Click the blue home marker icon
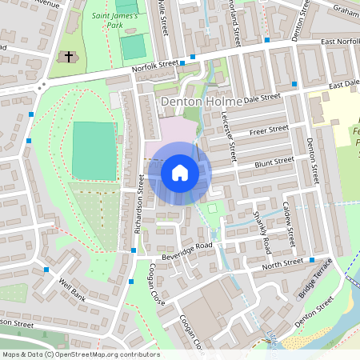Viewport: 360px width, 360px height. [x=180, y=173]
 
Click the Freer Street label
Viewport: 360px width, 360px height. [x=268, y=130]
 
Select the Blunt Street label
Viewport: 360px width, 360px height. [x=274, y=162]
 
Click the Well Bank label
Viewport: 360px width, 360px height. [x=72, y=286]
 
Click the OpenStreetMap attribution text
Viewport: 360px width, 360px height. [x=80, y=354]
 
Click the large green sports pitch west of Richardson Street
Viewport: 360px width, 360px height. [x=94, y=150]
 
